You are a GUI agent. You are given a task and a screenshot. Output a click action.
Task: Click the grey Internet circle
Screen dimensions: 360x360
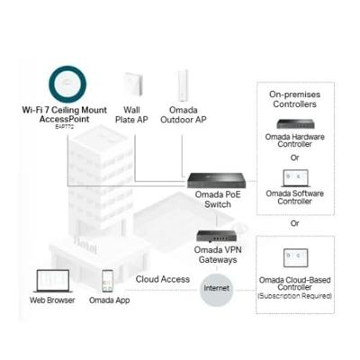[217, 289]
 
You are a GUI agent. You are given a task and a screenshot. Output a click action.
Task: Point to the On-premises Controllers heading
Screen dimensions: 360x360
[298, 98]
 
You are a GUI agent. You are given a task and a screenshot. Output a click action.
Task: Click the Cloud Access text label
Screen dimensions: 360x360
[163, 279]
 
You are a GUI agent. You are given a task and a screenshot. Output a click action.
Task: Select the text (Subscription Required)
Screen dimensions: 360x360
[297, 296]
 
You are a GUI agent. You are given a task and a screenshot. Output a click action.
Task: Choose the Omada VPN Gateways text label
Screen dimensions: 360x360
[216, 255]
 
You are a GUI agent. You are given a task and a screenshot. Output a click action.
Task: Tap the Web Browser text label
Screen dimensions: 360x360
[52, 301]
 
